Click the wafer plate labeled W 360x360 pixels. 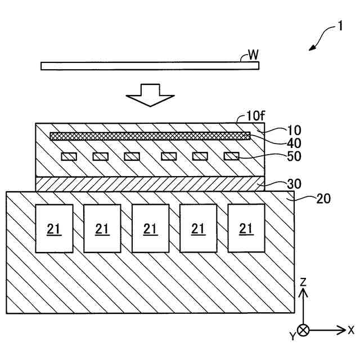point(150,66)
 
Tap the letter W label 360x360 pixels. point(253,55)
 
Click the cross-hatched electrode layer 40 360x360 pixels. point(150,136)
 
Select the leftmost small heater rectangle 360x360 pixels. point(69,156)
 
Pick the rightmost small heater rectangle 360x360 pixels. point(231,156)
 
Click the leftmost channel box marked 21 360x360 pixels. point(54,229)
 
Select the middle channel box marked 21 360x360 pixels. point(150,229)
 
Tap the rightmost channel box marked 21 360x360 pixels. point(246,229)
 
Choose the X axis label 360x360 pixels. point(351,330)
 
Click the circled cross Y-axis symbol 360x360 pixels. point(303,330)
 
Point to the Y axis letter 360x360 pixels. point(292,336)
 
